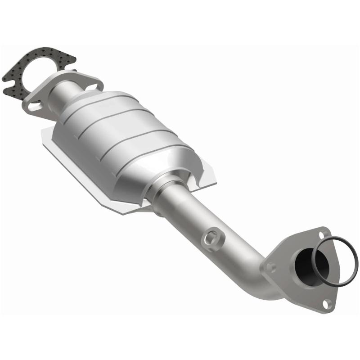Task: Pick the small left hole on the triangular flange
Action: (271, 266)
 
